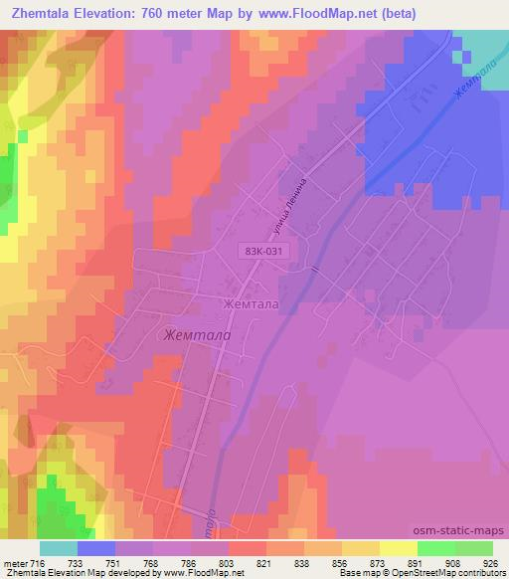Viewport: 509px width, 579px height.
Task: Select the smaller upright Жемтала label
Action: click(x=251, y=303)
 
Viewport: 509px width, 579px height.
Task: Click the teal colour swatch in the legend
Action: click(x=59, y=548)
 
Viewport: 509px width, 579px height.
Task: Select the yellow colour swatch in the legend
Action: click(x=361, y=548)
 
